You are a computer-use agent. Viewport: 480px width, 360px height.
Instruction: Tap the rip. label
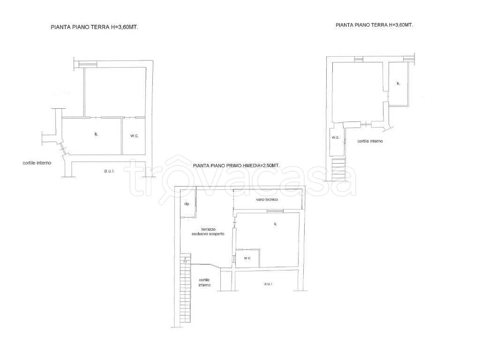[187, 204]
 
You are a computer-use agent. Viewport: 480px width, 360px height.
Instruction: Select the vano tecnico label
[267, 199]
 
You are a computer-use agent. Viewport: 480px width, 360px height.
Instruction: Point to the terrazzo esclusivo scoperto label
[208, 232]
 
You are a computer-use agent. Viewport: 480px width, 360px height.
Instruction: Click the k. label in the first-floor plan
[276, 224]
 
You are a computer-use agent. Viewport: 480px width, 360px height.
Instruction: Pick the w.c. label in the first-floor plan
[247, 258]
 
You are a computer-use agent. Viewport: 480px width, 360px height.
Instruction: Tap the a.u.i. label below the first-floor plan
[268, 284]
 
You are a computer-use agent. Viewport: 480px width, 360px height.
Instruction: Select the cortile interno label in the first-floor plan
[204, 282]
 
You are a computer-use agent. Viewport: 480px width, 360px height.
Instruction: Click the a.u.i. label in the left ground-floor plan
[109, 171]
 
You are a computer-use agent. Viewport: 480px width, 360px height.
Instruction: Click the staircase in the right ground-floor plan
[339, 170]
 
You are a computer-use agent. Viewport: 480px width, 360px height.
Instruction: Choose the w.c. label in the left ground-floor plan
[135, 136]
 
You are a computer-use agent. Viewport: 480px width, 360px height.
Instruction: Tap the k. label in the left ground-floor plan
[97, 134]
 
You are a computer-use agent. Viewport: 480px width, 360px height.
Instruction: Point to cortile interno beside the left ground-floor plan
[37, 163]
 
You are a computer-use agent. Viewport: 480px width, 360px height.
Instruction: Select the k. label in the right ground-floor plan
[398, 83]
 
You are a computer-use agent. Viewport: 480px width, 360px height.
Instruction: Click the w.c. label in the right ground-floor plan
[336, 137]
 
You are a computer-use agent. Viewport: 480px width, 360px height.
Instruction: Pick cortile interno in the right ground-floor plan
[370, 141]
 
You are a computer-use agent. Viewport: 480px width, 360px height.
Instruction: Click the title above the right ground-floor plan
[374, 25]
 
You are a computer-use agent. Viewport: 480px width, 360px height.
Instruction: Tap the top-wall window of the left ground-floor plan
[88, 64]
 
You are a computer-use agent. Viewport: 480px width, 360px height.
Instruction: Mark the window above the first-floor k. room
[275, 211]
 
